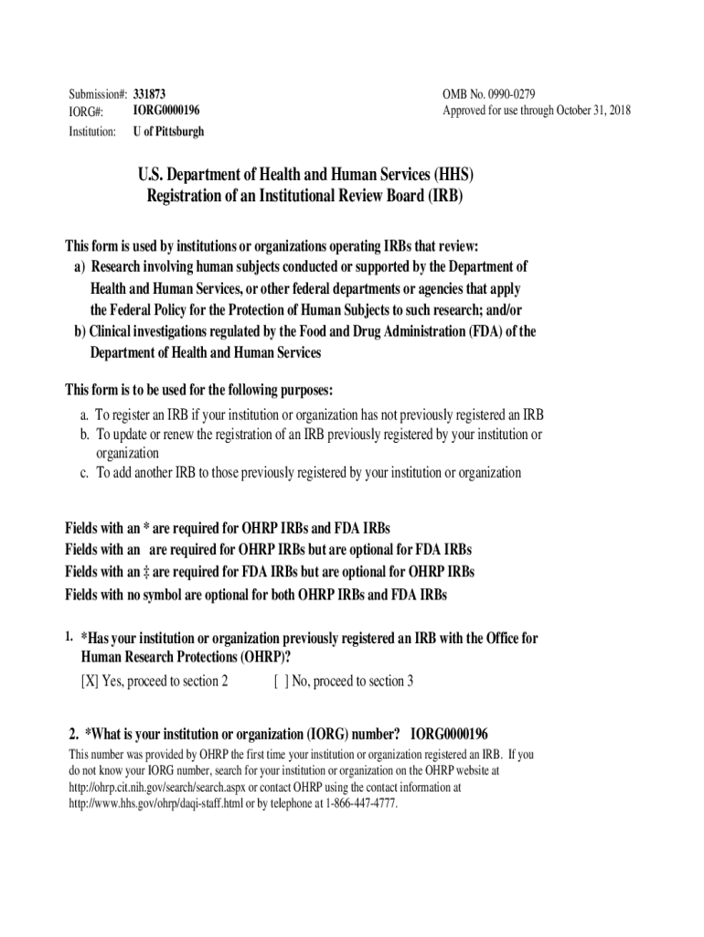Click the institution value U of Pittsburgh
[x=168, y=131]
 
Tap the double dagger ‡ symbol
[x=145, y=572]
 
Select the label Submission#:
[x=98, y=94]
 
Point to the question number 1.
[x=69, y=636]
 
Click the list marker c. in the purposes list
[x=84, y=473]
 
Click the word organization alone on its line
[x=128, y=453]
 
